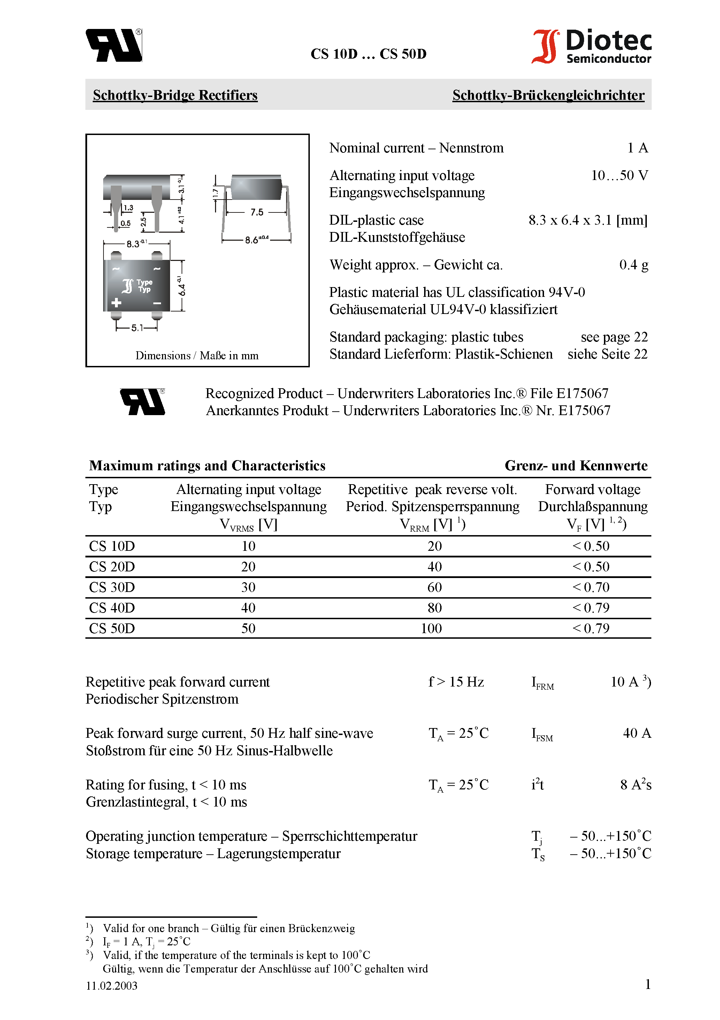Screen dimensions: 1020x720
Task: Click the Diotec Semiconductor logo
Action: pos(591,46)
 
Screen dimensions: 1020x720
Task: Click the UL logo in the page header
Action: pos(114,45)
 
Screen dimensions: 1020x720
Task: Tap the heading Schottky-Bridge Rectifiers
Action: pos(175,95)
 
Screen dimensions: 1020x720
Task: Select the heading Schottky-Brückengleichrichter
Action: pos(548,95)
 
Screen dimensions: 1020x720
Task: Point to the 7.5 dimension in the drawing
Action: pos(256,212)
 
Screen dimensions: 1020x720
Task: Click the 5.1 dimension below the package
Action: pos(137,328)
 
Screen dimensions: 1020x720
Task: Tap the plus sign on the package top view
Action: pos(116,303)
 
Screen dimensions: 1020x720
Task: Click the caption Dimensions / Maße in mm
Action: pos(197,355)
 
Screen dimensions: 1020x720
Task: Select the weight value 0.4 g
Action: pos(634,265)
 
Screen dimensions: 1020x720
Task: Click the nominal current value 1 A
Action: pos(637,148)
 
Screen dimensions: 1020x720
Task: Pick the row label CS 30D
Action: pos(112,587)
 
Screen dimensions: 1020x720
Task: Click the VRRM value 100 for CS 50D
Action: pos(431,628)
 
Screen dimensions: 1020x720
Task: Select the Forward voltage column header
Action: pos(592,489)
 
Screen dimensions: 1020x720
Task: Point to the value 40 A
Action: pos(637,733)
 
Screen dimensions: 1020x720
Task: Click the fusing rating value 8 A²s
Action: pos(636,785)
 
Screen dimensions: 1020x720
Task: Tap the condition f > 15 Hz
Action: pos(456,682)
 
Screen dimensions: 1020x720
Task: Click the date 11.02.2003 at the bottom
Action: pos(112,985)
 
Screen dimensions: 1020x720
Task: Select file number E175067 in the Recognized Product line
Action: pos(582,393)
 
